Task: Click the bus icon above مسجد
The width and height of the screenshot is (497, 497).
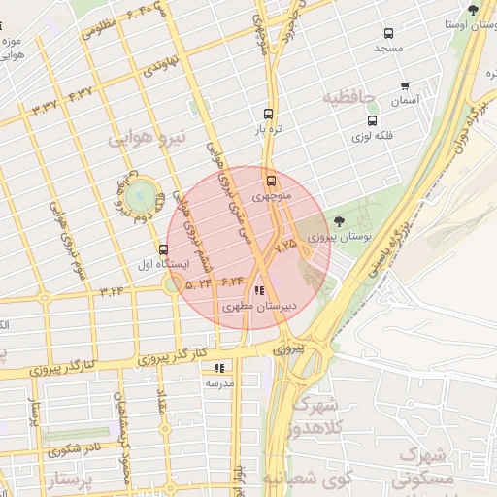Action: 389,32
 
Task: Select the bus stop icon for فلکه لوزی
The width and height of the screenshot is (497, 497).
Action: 373,121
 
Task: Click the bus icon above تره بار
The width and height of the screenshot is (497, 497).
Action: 269,113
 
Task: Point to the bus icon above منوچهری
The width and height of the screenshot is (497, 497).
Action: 270,180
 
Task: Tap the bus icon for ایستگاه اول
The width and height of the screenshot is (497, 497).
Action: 162,248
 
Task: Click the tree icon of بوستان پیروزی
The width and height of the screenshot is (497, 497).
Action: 338,222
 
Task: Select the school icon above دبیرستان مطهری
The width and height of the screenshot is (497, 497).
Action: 258,290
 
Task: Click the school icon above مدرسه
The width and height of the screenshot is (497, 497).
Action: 218,368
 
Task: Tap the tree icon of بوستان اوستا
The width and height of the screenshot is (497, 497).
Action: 473,10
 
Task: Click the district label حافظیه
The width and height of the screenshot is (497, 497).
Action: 348,97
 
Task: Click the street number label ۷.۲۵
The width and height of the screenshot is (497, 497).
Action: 285,248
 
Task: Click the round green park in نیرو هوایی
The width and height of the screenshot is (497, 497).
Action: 142,195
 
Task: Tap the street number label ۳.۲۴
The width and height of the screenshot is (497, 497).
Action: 111,289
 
